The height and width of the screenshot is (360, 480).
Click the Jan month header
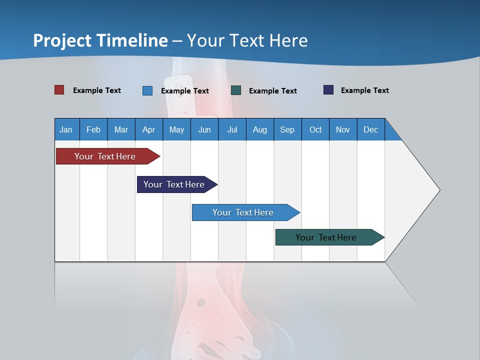[x=66, y=129]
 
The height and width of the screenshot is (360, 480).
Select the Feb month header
[x=93, y=129]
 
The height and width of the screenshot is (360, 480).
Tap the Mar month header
[x=121, y=129]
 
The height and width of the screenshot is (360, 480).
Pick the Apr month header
[x=149, y=129]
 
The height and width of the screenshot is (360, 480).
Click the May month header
[x=176, y=129]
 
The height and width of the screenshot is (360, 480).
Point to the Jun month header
[x=204, y=129]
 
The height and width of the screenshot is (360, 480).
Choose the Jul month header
[x=232, y=129]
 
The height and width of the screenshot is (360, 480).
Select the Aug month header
[x=260, y=129]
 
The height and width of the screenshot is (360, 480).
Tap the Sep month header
[x=287, y=129]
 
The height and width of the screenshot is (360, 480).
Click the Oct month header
[x=315, y=129]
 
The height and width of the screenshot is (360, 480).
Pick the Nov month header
[x=343, y=129]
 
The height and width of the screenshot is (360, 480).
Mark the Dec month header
[x=371, y=129]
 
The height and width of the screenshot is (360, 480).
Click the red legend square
[x=59, y=90]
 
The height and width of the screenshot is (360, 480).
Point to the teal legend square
[x=236, y=90]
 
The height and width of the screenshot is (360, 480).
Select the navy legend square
[x=328, y=90]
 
